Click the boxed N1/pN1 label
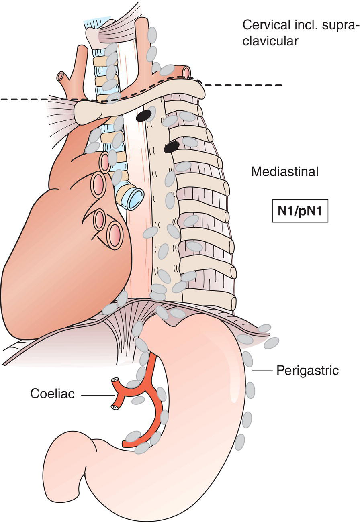point(301,211)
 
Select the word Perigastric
point(307,370)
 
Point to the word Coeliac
point(52,394)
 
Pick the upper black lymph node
point(144,116)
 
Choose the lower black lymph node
point(172,147)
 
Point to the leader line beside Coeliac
point(97,396)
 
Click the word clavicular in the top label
point(270,41)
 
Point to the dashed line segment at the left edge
point(24,99)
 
